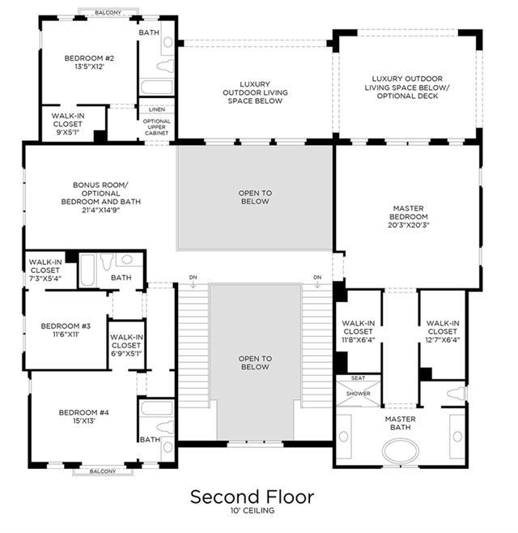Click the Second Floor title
(x=252, y=497)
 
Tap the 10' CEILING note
(x=253, y=510)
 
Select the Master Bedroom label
(x=409, y=212)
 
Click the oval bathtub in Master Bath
(x=401, y=450)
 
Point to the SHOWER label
(x=359, y=394)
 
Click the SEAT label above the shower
(x=359, y=378)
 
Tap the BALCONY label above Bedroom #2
(x=108, y=13)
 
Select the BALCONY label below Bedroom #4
(x=103, y=471)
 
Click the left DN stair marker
(x=193, y=277)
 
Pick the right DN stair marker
(x=317, y=277)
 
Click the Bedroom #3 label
(x=66, y=326)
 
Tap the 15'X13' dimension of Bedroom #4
(x=83, y=421)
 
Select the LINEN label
(x=157, y=109)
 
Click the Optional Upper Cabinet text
(x=156, y=127)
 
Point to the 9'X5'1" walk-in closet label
(x=68, y=132)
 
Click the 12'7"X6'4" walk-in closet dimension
(x=443, y=339)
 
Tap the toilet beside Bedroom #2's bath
(x=165, y=66)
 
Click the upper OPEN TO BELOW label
(x=255, y=197)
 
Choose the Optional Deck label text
(x=407, y=96)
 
